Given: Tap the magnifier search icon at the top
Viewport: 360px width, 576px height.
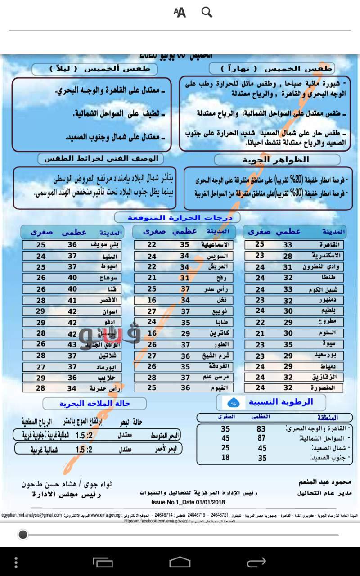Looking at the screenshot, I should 207,12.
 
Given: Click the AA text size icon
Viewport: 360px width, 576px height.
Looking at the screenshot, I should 180,13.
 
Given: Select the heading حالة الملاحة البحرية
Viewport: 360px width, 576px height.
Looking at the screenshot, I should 94,404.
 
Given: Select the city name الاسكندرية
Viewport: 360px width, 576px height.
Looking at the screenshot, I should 326,256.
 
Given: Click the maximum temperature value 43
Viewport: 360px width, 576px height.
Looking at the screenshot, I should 72,344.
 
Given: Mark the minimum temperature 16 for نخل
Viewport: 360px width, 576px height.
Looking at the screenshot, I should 152,300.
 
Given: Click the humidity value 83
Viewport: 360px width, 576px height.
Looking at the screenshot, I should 261,429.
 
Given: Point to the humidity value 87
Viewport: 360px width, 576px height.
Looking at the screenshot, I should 261,438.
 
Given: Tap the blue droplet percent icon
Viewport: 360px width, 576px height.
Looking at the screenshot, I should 234,402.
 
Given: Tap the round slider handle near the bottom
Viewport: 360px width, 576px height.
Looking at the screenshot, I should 23,535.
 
